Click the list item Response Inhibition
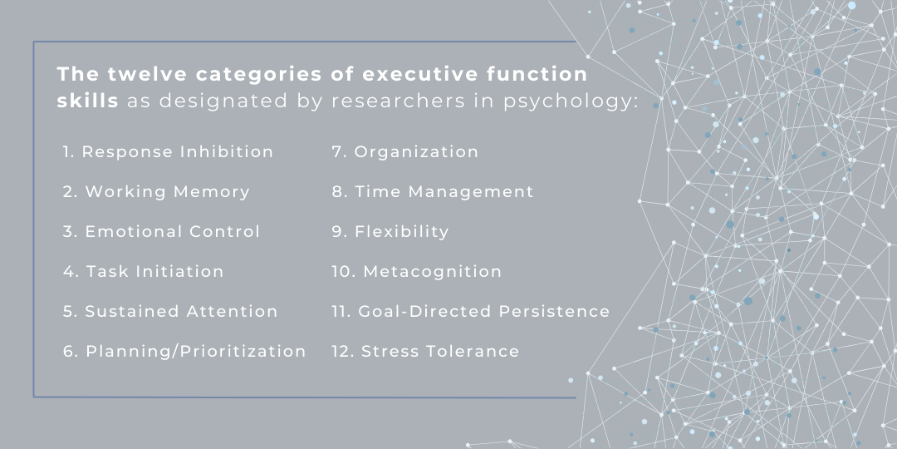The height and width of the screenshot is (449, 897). click(x=169, y=151)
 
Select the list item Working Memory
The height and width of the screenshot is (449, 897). click(x=157, y=191)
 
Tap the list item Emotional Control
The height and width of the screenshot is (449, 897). click(x=162, y=231)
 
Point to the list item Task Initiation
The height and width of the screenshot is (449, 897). click(x=144, y=271)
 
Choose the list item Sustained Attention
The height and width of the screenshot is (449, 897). click(x=170, y=311)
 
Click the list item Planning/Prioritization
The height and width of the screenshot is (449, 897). click(x=184, y=351)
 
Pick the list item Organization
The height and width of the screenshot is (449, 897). click(x=405, y=151)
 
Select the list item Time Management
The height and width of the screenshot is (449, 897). click(x=433, y=191)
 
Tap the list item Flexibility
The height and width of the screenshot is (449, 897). click(x=390, y=231)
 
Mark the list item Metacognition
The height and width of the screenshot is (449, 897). click(x=417, y=271)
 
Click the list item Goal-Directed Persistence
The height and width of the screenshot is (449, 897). click(x=471, y=311)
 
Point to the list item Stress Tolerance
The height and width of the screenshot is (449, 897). click(x=425, y=351)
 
